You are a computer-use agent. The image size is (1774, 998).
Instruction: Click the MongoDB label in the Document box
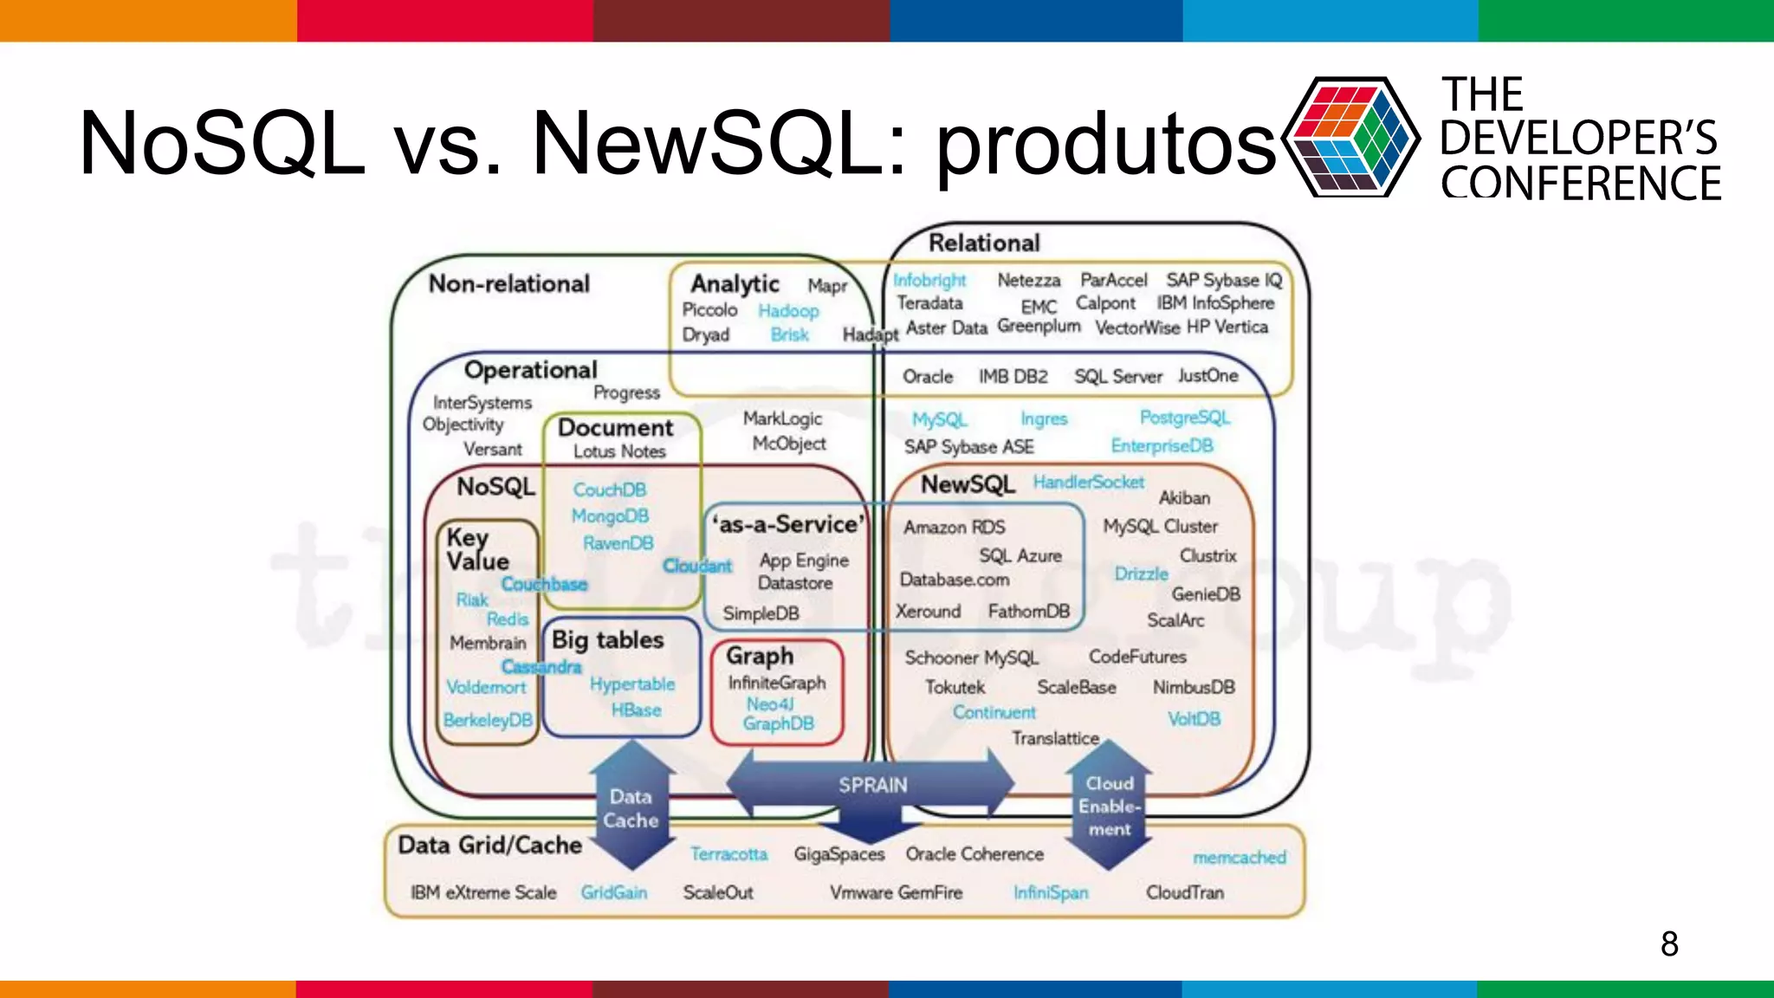click(x=610, y=516)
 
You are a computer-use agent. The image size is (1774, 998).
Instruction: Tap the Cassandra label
click(x=541, y=667)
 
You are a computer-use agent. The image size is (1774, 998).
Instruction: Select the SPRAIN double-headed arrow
click(x=871, y=785)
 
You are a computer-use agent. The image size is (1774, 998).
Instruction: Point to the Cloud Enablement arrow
click(x=1110, y=806)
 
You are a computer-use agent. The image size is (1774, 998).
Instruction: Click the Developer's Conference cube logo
click(x=1350, y=137)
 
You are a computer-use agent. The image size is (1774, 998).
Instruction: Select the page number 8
click(x=1669, y=943)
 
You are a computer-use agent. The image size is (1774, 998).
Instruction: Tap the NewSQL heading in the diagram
click(x=968, y=484)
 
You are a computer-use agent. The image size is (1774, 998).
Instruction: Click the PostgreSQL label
click(x=1184, y=418)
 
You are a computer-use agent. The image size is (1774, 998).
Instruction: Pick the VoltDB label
click(x=1194, y=719)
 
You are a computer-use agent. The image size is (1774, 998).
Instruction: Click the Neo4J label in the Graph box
click(x=770, y=704)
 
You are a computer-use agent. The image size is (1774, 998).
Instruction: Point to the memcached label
click(x=1239, y=858)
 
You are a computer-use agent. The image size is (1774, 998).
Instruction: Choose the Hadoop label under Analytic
click(x=788, y=310)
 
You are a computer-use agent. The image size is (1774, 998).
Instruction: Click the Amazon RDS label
click(x=954, y=527)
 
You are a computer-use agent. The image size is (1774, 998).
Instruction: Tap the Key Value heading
click(x=477, y=550)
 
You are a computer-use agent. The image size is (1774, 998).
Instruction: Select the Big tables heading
click(x=608, y=640)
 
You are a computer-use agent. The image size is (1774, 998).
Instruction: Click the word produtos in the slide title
click(x=1106, y=143)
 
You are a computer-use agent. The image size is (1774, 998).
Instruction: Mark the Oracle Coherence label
click(x=974, y=854)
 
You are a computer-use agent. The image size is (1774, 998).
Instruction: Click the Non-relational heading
click(x=509, y=284)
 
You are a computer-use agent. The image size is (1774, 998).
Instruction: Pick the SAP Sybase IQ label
click(x=1223, y=280)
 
